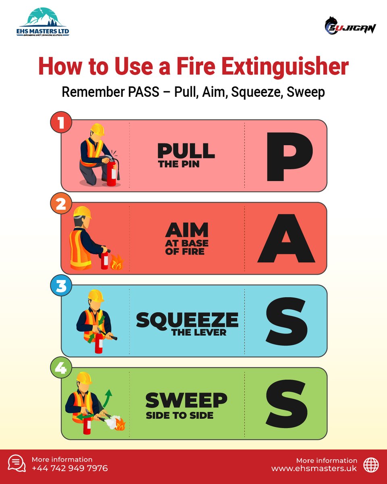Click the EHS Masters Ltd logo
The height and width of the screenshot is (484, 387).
tap(43, 24)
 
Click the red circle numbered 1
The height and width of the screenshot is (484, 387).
tap(61, 123)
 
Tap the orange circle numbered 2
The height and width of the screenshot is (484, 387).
tap(61, 204)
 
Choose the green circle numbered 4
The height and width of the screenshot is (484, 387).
tap(61, 369)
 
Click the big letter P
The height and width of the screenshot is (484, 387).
tap(289, 156)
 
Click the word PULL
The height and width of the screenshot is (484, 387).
tap(186, 151)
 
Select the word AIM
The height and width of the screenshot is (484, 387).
tap(187, 230)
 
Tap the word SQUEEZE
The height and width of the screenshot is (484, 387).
tap(187, 320)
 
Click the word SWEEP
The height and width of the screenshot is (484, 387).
tap(186, 400)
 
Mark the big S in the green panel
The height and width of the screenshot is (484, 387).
tap(287, 403)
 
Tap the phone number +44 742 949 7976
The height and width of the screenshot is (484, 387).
tap(70, 468)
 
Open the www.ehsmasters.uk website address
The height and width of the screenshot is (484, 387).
tap(314, 468)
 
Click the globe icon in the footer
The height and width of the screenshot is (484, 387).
tap(371, 464)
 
